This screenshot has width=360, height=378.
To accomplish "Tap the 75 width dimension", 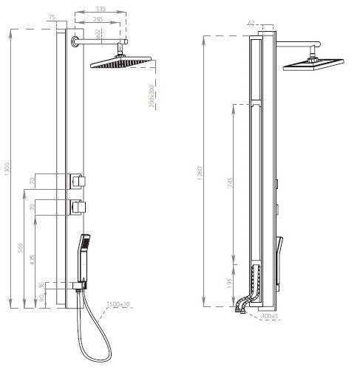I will pos(51,16).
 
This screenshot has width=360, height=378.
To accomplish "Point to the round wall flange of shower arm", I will pos(76,44).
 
